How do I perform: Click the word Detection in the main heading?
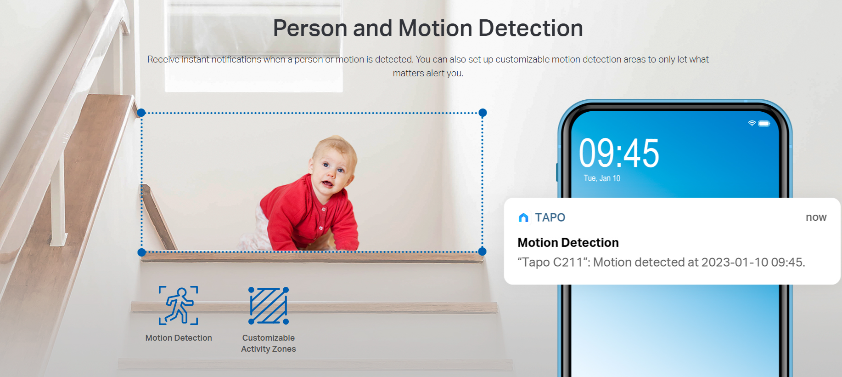pyautogui.click(x=531, y=28)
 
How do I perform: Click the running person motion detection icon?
pyautogui.click(x=178, y=305)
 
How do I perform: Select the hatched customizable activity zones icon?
pyautogui.click(x=269, y=306)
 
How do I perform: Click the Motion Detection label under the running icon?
pyautogui.click(x=179, y=338)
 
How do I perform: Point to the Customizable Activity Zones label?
pyautogui.click(x=269, y=343)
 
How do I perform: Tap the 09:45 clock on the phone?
pyautogui.click(x=619, y=153)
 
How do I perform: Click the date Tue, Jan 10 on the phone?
pyautogui.click(x=602, y=178)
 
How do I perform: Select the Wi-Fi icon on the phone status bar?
pyautogui.click(x=752, y=123)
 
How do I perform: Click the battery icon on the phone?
pyautogui.click(x=764, y=123)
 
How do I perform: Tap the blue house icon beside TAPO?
pyautogui.click(x=523, y=217)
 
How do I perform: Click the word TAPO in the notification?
pyautogui.click(x=550, y=217)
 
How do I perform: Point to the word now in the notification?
pyautogui.click(x=816, y=217)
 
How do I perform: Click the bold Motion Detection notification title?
pyautogui.click(x=568, y=242)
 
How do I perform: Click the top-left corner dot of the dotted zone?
pyautogui.click(x=141, y=113)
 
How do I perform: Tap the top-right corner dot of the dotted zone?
pyautogui.click(x=483, y=113)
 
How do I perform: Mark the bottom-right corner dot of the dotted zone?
pyautogui.click(x=482, y=251)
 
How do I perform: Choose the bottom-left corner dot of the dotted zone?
pyautogui.click(x=142, y=252)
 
